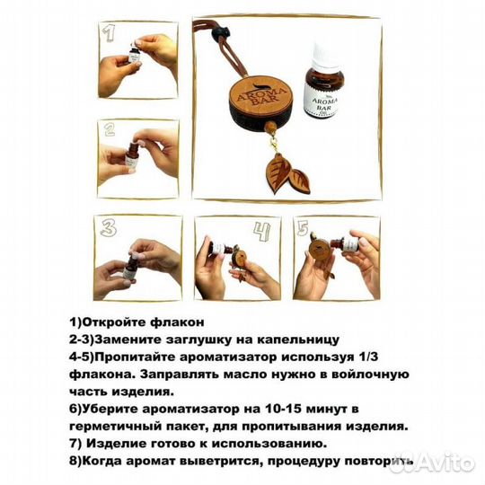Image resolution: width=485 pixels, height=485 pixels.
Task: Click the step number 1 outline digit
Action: (x=109, y=33)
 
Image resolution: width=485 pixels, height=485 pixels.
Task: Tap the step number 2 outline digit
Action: (x=110, y=129)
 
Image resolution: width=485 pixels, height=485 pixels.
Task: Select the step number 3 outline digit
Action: (x=108, y=228)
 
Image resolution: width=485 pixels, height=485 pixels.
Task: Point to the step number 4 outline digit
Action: (x=262, y=232)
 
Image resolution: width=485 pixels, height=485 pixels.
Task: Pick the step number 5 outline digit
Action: (x=304, y=229)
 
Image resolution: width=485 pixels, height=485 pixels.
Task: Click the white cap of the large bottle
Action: (x=319, y=54)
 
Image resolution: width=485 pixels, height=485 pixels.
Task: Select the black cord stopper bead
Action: (x=221, y=33)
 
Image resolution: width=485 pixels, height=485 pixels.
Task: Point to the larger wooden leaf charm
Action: (x=277, y=174)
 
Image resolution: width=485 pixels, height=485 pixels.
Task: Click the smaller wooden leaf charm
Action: (x=299, y=181)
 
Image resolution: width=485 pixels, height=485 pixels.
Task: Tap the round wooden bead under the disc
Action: (x=270, y=128)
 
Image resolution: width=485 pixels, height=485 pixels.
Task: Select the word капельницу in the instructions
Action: (x=298, y=339)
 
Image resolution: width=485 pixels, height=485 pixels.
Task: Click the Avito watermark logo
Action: (x=432, y=463)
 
